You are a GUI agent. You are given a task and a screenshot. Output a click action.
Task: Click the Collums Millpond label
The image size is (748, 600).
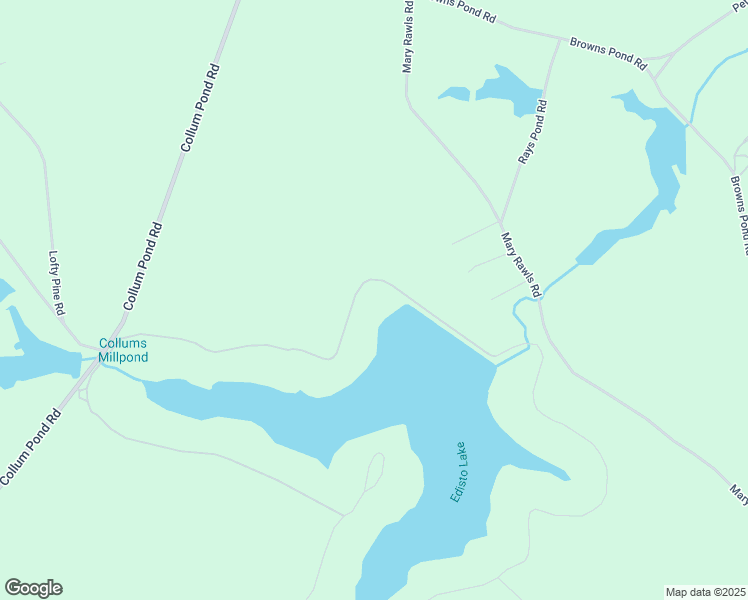click(x=123, y=350)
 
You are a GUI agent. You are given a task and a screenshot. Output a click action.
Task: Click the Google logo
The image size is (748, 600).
click(x=33, y=588)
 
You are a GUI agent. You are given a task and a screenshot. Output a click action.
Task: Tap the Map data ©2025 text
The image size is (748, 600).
click(x=705, y=591)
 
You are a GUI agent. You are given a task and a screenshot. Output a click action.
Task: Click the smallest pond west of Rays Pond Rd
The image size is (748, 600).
click(x=454, y=95)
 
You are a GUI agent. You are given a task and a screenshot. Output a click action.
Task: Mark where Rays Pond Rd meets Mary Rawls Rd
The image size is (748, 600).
click(x=500, y=222)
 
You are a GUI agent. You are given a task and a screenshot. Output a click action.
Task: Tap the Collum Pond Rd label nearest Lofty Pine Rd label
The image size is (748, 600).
click(x=142, y=265)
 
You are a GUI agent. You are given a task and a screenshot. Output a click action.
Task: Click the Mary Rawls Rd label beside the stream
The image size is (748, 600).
click(x=520, y=264)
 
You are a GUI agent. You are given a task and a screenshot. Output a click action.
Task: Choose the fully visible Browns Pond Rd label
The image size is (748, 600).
click(x=607, y=52)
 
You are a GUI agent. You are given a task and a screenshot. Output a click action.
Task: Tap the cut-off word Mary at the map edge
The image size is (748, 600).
click(x=738, y=492)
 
